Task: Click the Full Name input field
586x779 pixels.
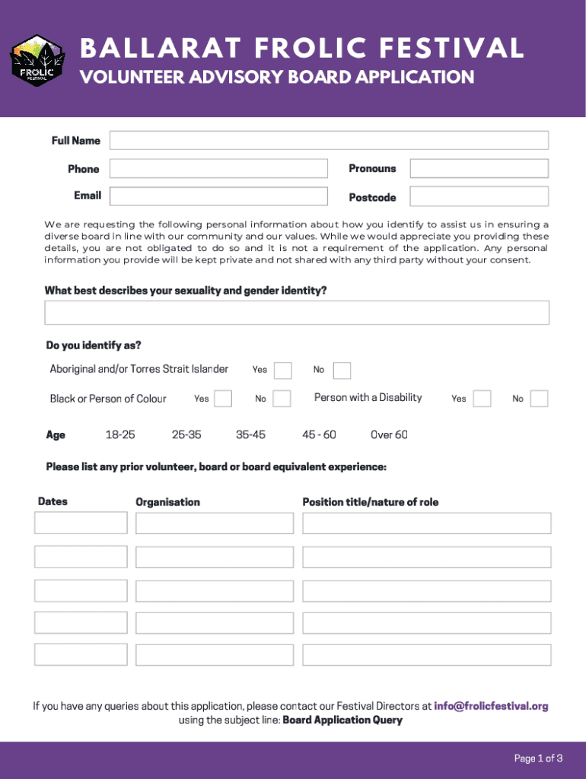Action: coord(329,140)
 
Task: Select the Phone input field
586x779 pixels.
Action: coord(218,168)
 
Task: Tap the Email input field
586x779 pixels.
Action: coord(218,196)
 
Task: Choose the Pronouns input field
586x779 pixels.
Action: coord(479,168)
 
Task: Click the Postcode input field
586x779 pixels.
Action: coord(479,196)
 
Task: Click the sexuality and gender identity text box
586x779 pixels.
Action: coord(297,313)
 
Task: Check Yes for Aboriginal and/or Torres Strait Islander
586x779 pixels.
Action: coord(283,370)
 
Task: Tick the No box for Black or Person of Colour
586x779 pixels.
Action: coord(282,399)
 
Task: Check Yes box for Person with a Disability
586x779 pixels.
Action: coord(482,399)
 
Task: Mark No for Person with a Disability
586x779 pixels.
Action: coord(539,399)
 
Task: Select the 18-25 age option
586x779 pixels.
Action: coord(120,434)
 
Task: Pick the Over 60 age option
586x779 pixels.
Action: coord(389,434)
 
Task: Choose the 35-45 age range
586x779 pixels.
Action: coord(250,434)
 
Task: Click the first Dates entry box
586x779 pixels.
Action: coord(81,523)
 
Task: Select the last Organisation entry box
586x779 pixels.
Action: coord(214,654)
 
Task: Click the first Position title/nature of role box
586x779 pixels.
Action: coord(426,523)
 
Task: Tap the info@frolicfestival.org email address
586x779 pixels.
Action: coord(491,706)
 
